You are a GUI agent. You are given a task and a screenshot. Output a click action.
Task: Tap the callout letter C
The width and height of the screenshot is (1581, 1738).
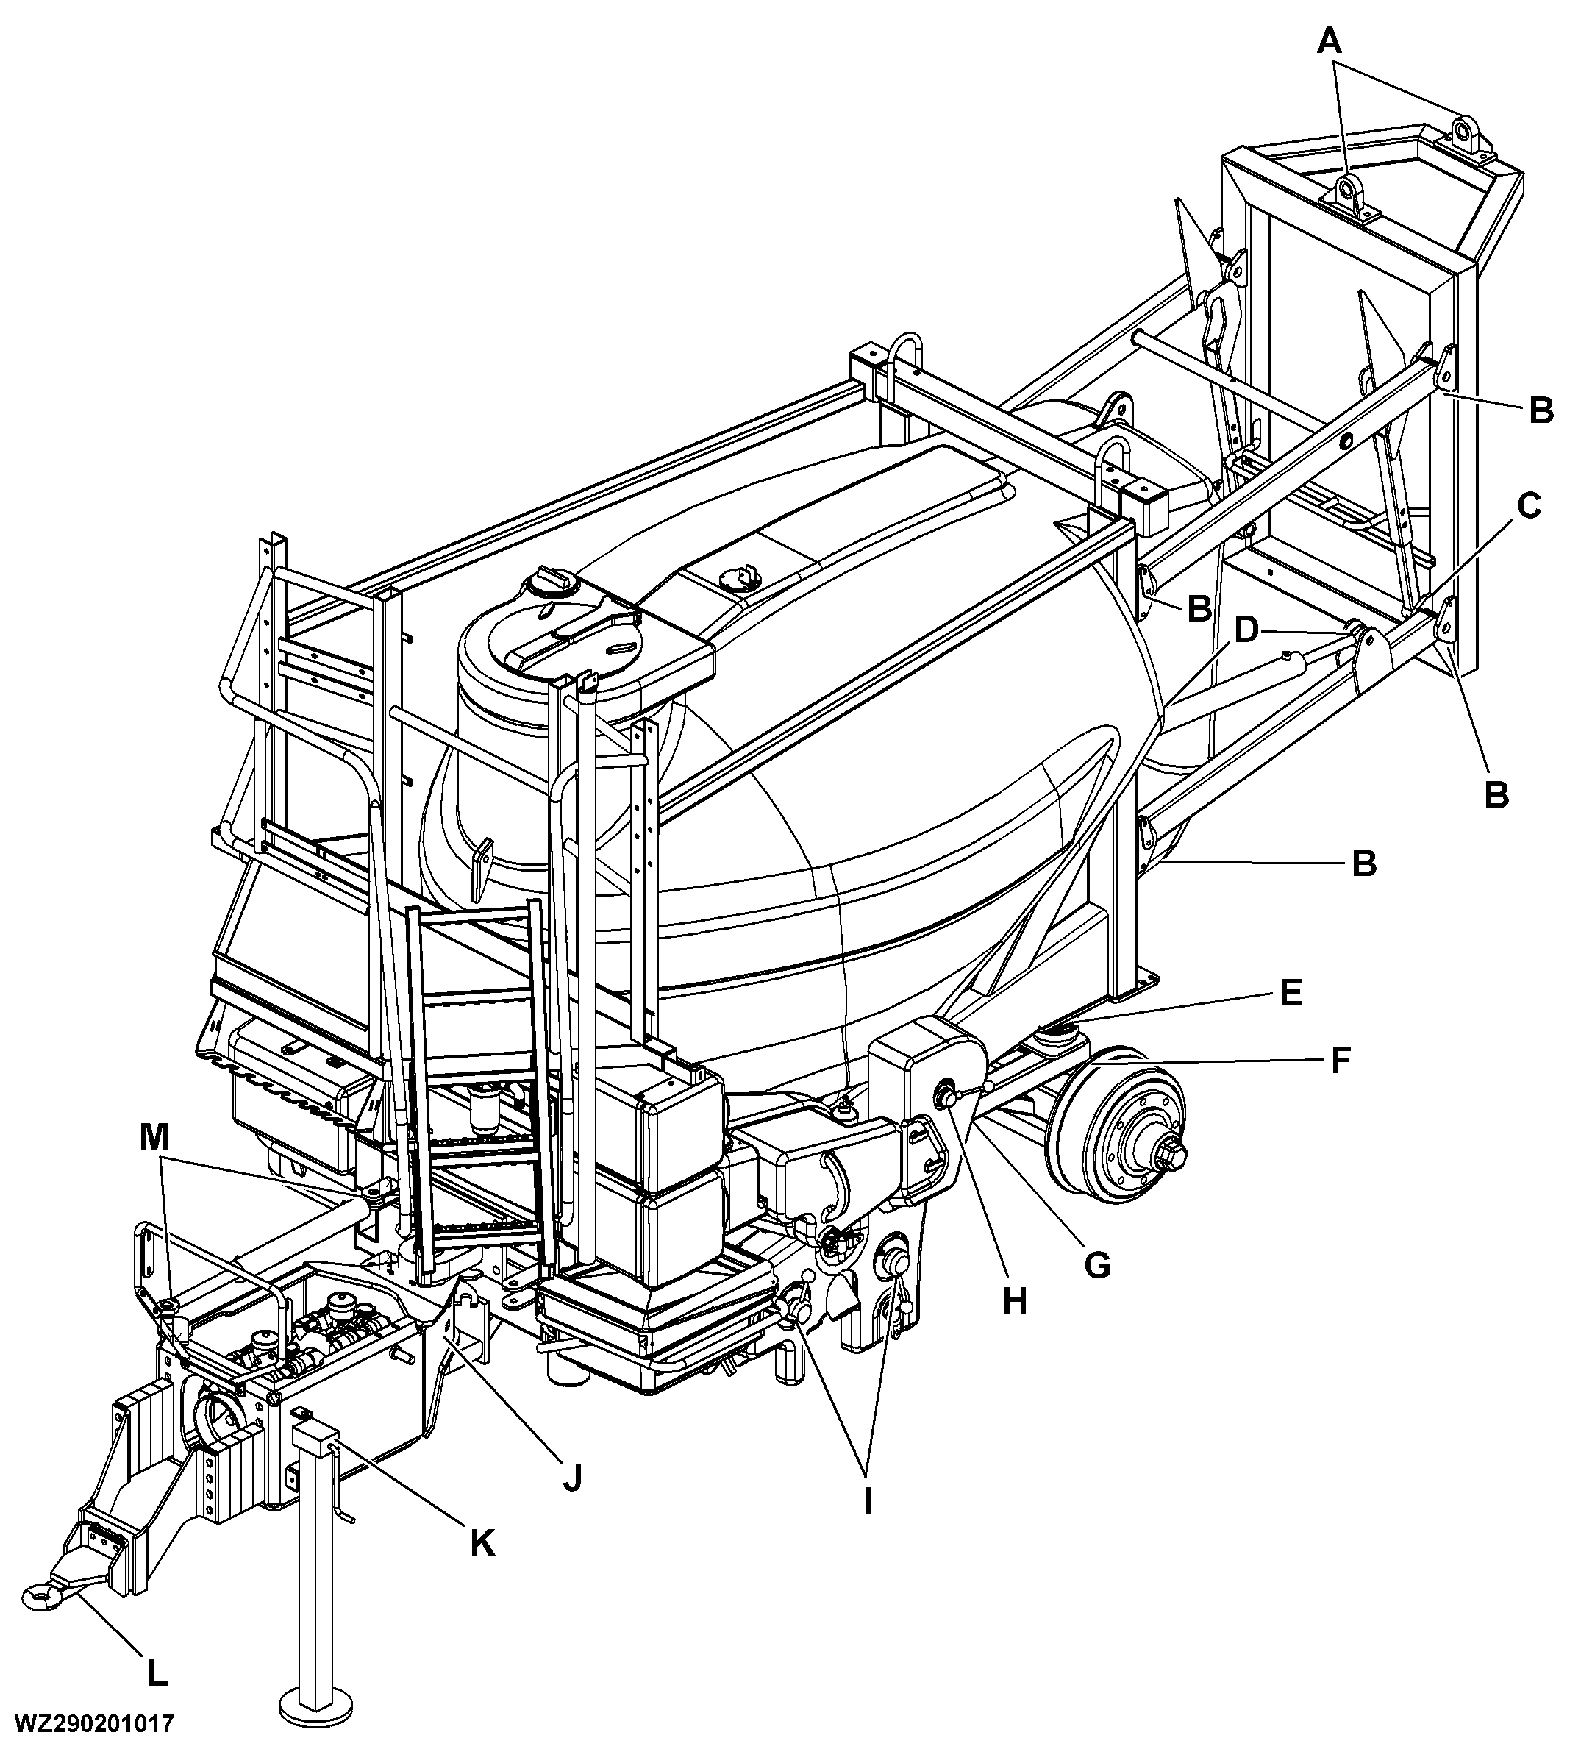click(x=1527, y=506)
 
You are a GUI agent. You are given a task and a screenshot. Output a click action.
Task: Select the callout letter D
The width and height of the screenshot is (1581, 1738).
click(x=1246, y=631)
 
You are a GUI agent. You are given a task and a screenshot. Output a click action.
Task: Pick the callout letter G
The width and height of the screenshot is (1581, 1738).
click(x=1096, y=1265)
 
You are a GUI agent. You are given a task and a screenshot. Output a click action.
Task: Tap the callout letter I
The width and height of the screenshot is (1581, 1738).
click(x=868, y=1502)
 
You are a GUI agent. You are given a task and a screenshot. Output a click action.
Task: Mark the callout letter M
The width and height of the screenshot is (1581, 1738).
click(x=154, y=1139)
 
